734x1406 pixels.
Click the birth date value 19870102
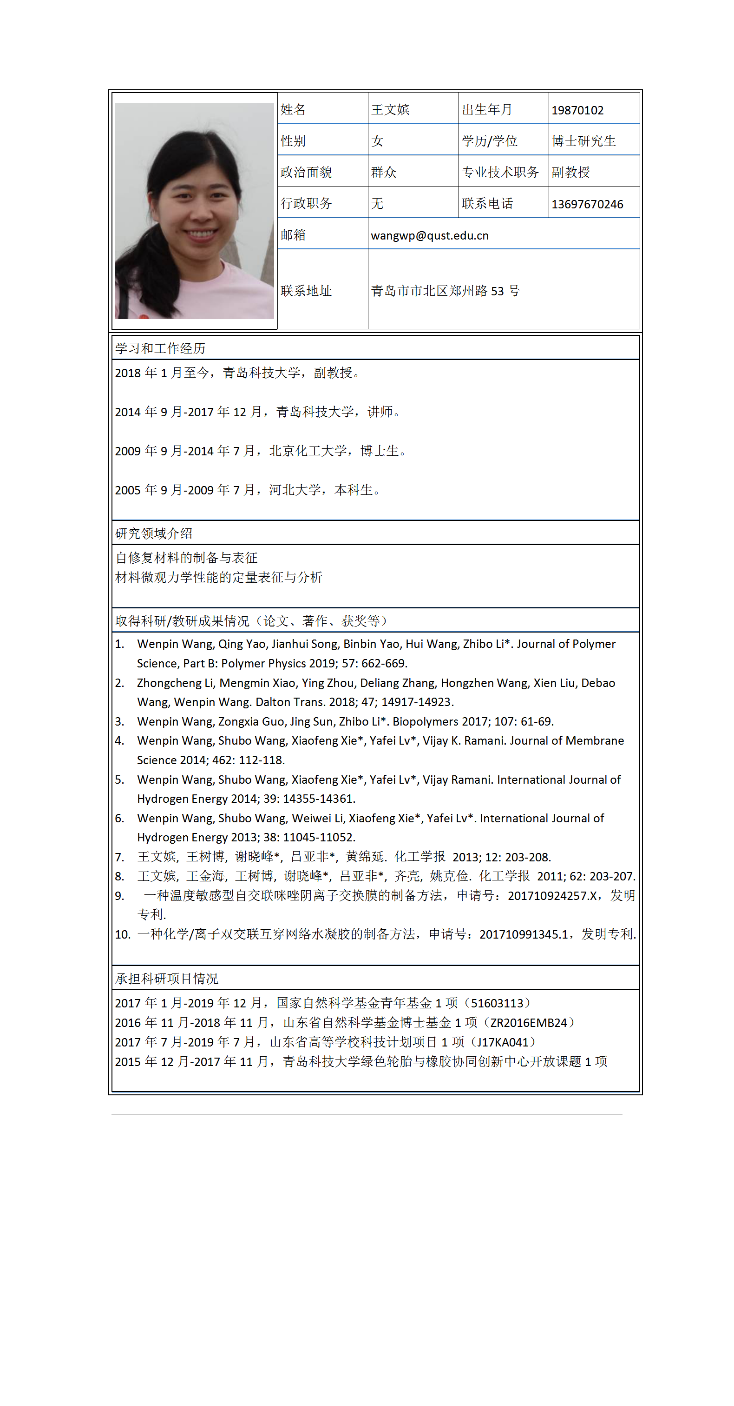coord(577,110)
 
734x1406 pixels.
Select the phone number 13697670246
coord(587,204)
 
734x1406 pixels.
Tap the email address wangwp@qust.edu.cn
coord(430,235)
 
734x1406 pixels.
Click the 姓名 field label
coord(293,110)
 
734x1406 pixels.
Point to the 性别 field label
coord(293,141)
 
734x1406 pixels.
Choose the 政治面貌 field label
coord(306,173)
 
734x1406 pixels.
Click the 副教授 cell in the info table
coord(570,173)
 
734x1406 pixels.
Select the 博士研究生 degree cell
coord(583,141)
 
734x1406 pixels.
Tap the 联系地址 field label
coord(306,291)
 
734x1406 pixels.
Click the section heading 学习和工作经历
coord(160,348)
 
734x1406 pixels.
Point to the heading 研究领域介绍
coord(154,533)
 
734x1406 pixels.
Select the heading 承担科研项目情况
coord(167,979)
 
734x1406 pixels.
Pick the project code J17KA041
coord(502,1042)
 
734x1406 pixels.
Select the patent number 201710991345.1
coord(524,934)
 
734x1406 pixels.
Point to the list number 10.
coord(122,934)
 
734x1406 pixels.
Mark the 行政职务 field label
coord(306,204)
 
